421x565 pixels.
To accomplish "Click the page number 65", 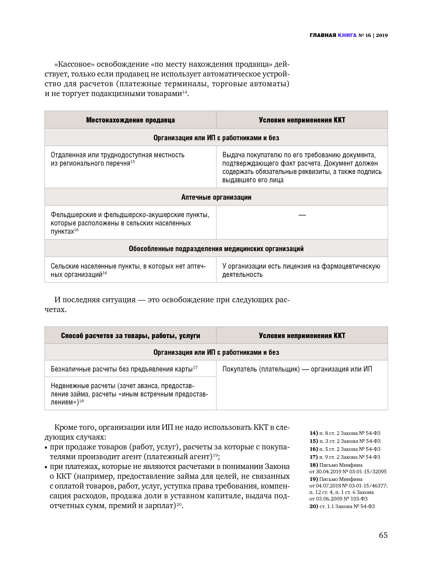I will click(x=383, y=535).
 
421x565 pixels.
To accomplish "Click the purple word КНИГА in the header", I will click(x=347, y=35).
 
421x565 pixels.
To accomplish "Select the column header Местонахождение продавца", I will click(x=130, y=120).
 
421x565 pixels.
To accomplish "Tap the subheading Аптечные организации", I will click(x=216, y=197).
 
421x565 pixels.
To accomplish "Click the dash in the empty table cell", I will click(x=302, y=215).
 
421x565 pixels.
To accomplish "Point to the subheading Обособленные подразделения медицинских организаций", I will click(x=216, y=249).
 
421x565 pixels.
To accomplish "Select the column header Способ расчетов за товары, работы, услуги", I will click(x=130, y=336).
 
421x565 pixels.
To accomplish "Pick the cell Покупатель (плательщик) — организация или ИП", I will click(x=297, y=369).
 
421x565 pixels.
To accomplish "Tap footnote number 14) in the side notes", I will click(x=313, y=433).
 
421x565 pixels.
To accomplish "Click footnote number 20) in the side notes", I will click(x=313, y=506).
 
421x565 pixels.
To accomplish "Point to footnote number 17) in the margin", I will click(x=313, y=457).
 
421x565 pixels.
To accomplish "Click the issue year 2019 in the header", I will click(x=382, y=35).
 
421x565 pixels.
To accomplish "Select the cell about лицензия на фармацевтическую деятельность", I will click(x=301, y=270).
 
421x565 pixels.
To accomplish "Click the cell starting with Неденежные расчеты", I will click(x=129, y=394).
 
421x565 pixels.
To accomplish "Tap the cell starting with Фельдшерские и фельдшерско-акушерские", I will click(x=130, y=223).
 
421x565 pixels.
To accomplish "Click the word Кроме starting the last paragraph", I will click(x=65, y=427).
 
